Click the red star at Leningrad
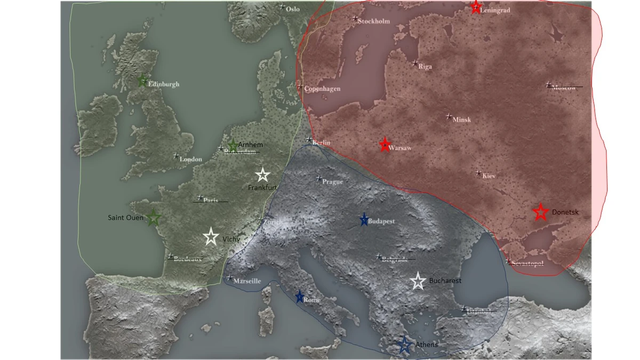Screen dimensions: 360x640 [476, 7]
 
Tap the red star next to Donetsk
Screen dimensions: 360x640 [540, 212]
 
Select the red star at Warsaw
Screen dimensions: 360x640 [385, 145]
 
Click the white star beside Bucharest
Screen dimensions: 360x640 [419, 282]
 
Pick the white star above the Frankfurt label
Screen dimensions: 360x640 [262, 175]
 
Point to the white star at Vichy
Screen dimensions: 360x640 [211, 237]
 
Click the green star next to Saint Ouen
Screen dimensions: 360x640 [153, 218]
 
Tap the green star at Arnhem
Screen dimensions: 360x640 [233, 146]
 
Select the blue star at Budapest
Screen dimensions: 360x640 [364, 220]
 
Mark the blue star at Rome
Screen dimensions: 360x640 [300, 297]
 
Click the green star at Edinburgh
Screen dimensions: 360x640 [142, 81]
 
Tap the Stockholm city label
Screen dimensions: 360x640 [374, 21]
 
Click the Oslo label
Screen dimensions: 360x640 [293, 9]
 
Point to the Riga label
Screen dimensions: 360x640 [425, 67]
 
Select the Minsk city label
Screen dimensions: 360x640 [461, 119]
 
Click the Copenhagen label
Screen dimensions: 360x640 [322, 89]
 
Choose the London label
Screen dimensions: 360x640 [190, 159]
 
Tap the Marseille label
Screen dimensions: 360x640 [247, 281]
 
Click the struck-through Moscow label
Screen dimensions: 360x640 [564, 87]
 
